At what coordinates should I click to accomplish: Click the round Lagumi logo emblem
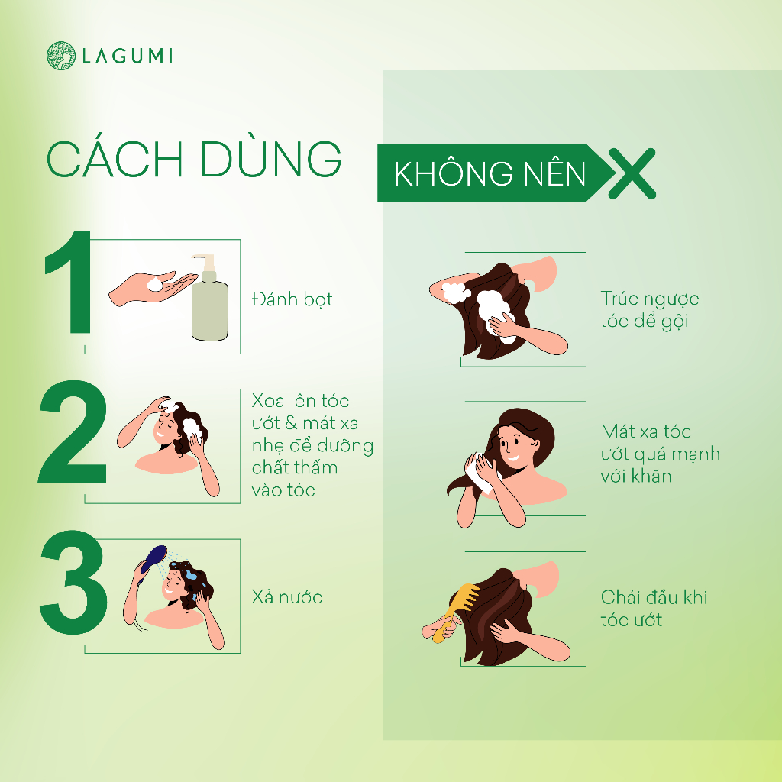point(61,55)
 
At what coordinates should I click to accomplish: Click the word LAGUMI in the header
point(128,56)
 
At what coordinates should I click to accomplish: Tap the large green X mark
point(632,173)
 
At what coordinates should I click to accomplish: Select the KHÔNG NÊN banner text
point(490,173)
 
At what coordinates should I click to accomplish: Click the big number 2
point(73,431)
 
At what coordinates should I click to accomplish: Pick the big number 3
point(73,582)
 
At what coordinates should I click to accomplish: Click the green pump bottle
point(210,299)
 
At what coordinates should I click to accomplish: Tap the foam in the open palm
point(156,284)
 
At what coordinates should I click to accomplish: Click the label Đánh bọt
point(292,299)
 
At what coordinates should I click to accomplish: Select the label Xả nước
point(287,597)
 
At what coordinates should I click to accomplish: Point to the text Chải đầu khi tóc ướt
point(654,609)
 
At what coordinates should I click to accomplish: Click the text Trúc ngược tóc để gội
point(649,310)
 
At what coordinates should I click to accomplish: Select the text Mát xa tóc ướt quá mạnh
point(661,442)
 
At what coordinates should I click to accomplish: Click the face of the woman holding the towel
point(513,444)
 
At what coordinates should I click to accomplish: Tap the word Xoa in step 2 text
point(268,401)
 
